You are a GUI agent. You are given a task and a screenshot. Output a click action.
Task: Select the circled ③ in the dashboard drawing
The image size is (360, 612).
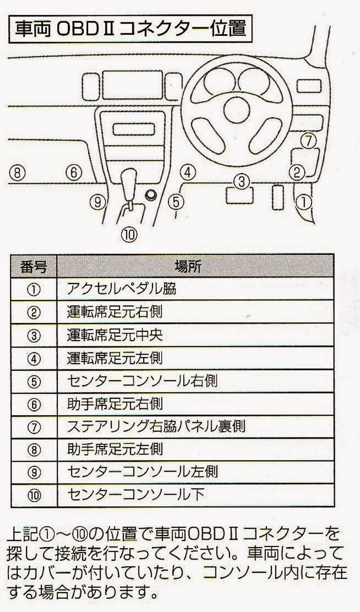(x=241, y=181)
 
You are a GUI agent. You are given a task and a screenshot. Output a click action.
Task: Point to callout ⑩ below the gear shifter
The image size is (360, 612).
(x=129, y=233)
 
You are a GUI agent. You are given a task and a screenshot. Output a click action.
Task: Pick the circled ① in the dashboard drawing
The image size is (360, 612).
(x=305, y=202)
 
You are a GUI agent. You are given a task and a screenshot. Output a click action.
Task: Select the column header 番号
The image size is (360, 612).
(x=34, y=266)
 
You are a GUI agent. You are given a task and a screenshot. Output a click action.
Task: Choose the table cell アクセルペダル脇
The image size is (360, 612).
(x=121, y=289)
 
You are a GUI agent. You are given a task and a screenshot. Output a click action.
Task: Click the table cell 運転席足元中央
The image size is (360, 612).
(x=115, y=335)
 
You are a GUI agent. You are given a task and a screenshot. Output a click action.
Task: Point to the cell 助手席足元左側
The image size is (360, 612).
(x=115, y=449)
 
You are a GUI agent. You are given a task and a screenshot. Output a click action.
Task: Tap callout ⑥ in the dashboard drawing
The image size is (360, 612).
(x=75, y=172)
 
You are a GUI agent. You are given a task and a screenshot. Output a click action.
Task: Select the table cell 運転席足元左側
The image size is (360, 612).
(x=115, y=358)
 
